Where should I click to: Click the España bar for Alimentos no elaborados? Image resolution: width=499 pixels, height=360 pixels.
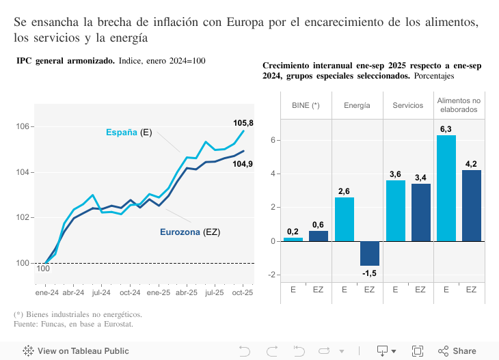click(446, 188)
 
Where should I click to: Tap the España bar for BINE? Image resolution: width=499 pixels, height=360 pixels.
click(293, 239)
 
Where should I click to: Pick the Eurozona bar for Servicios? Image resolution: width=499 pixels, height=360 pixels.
click(421, 212)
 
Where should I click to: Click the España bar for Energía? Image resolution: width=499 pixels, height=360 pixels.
click(345, 219)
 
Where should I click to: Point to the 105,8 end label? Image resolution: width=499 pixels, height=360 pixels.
click(243, 123)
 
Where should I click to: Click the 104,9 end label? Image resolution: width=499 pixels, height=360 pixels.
click(243, 164)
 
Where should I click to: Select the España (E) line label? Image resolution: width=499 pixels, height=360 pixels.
click(129, 133)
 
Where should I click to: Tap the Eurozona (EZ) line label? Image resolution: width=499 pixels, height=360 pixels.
click(190, 232)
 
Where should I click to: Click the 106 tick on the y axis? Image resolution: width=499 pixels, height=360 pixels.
click(23, 127)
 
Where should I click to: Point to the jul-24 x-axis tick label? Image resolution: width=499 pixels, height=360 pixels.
click(101, 292)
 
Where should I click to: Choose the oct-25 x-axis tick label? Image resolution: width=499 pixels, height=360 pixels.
click(243, 292)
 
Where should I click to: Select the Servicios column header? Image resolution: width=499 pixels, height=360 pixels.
click(408, 105)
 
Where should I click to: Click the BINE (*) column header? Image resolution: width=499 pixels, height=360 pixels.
click(306, 105)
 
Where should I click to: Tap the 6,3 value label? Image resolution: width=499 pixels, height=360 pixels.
click(446, 128)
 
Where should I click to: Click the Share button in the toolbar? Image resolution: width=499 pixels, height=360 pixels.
click(457, 351)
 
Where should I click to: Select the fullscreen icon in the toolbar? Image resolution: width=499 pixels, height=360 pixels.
click(417, 351)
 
